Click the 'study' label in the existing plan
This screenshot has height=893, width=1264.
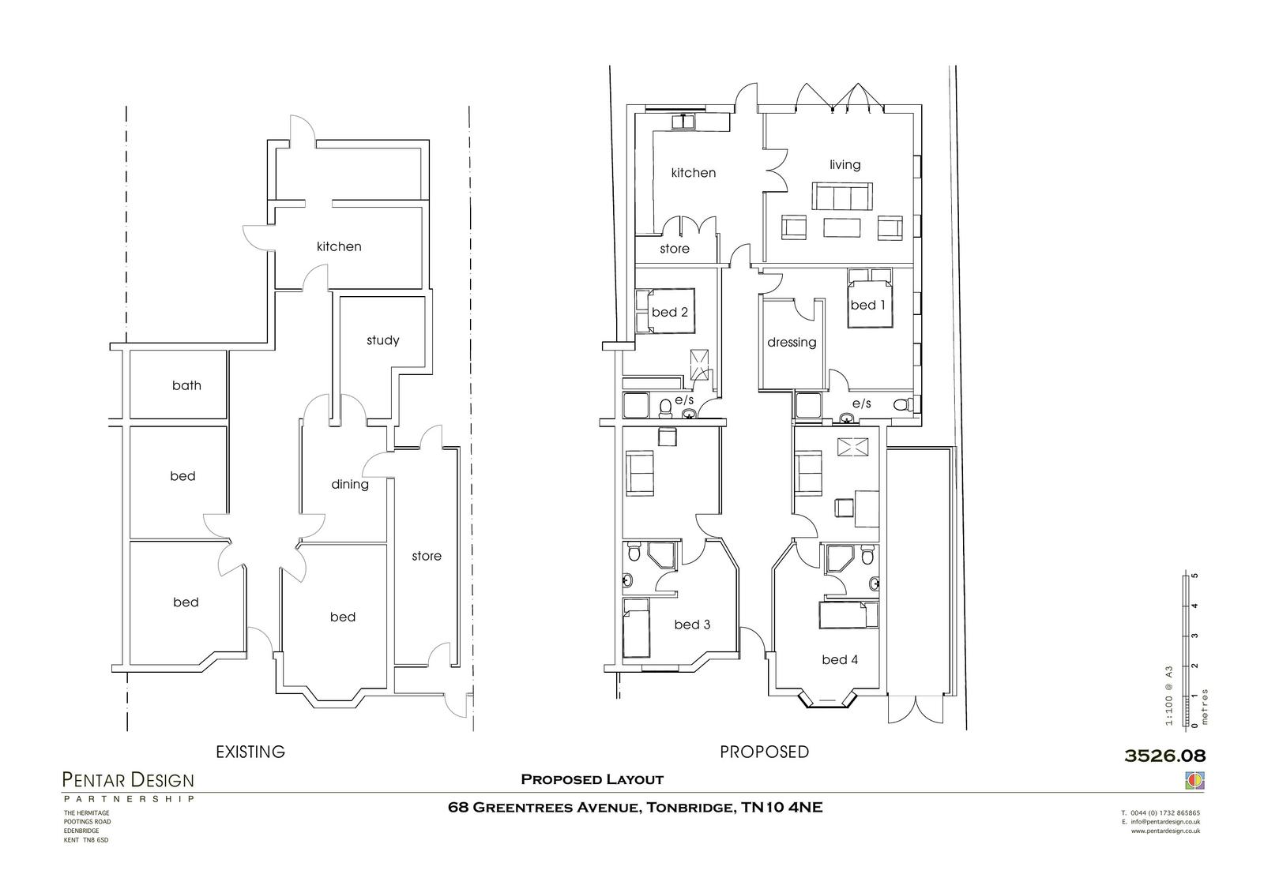382,340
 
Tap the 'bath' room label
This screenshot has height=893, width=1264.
186,385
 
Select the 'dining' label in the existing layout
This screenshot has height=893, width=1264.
349,484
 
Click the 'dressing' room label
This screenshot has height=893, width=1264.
791,343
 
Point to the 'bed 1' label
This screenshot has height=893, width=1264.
867,305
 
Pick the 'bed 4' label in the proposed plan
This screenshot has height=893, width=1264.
839,659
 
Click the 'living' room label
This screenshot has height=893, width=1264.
845,164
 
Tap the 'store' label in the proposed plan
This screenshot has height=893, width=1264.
674,249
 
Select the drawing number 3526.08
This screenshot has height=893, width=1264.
1164,756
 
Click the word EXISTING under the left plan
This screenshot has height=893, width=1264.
250,752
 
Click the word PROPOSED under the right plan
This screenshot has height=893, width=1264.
764,752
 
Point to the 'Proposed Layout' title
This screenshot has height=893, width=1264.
592,779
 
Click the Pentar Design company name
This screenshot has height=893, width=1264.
128,780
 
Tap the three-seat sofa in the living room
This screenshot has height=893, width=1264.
841,196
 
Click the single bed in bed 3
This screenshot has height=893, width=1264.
635,628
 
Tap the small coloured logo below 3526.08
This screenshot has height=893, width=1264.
1194,780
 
